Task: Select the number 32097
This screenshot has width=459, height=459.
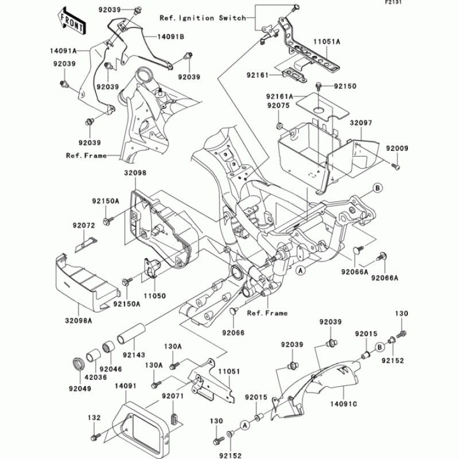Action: point(362,123)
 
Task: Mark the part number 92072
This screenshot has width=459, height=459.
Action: point(84,226)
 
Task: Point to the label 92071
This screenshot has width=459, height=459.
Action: point(172,396)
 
